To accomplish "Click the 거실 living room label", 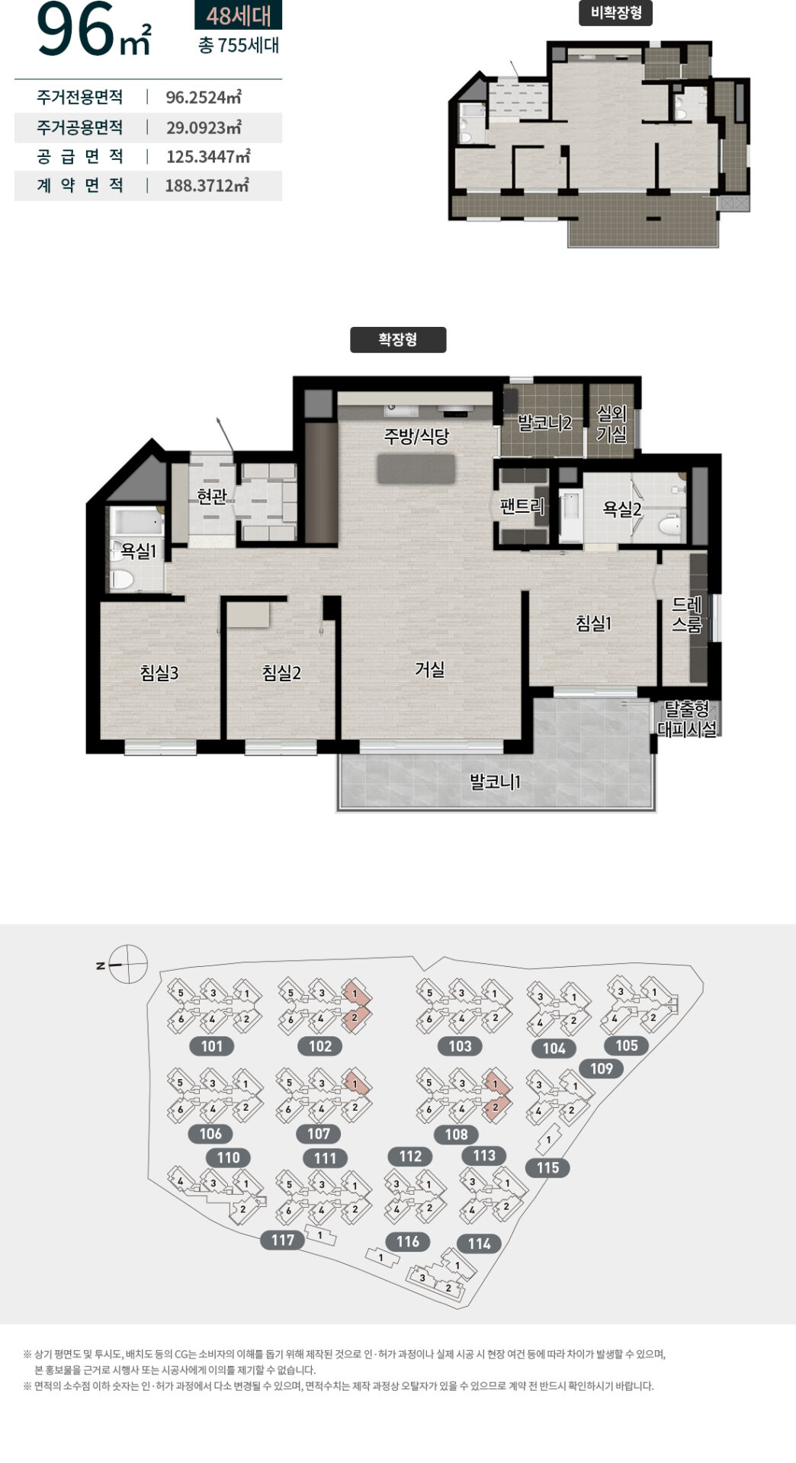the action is click(x=429, y=669).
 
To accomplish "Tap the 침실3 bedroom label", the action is click(x=159, y=673).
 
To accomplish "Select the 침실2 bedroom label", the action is click(x=281, y=673).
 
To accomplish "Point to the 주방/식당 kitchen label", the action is click(x=416, y=436).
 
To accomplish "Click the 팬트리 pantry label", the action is click(x=522, y=505).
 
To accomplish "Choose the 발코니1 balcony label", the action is click(x=495, y=782).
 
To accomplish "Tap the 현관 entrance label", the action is click(x=212, y=497).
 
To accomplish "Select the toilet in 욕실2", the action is click(x=669, y=526).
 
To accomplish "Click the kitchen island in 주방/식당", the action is click(x=416, y=469).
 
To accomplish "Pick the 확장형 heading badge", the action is click(x=398, y=340).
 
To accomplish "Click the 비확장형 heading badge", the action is click(x=616, y=13).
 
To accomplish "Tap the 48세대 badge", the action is click(x=239, y=15).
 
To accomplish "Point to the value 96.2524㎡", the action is click(x=204, y=98).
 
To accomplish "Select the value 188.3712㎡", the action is click(x=207, y=185).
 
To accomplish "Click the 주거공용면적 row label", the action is click(x=79, y=127).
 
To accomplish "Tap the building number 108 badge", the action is click(x=456, y=1135).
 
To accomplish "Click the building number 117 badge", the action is click(x=283, y=1240).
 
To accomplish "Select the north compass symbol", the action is click(x=127, y=965).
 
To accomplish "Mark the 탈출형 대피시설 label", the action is click(x=687, y=719).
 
